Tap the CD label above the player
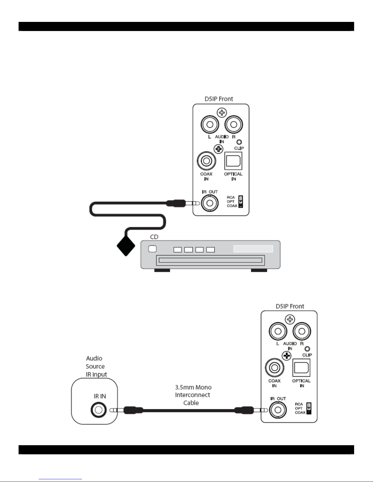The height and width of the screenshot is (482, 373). (154, 237)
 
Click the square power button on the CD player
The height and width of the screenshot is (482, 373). (152, 249)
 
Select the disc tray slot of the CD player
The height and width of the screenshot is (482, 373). (209, 260)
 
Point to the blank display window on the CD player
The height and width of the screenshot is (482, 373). (253, 249)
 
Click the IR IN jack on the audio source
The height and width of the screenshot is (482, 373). (98, 410)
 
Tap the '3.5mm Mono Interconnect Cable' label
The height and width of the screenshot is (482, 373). (193, 395)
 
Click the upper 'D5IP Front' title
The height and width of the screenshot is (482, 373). (219, 99)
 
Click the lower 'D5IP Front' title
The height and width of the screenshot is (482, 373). (290, 306)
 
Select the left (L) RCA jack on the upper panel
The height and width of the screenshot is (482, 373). (210, 124)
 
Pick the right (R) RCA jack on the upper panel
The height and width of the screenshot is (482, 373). (234, 124)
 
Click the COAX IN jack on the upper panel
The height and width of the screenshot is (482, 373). (206, 161)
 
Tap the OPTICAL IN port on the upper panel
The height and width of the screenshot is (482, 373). (233, 161)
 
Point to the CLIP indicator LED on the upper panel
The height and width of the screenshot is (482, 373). (239, 142)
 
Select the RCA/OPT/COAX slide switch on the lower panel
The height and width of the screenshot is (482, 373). (309, 408)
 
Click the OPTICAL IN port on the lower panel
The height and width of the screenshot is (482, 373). (301, 368)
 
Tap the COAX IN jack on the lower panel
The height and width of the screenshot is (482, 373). (274, 368)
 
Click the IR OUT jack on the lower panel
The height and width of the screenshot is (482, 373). (278, 410)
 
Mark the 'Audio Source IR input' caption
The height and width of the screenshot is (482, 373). (96, 366)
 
